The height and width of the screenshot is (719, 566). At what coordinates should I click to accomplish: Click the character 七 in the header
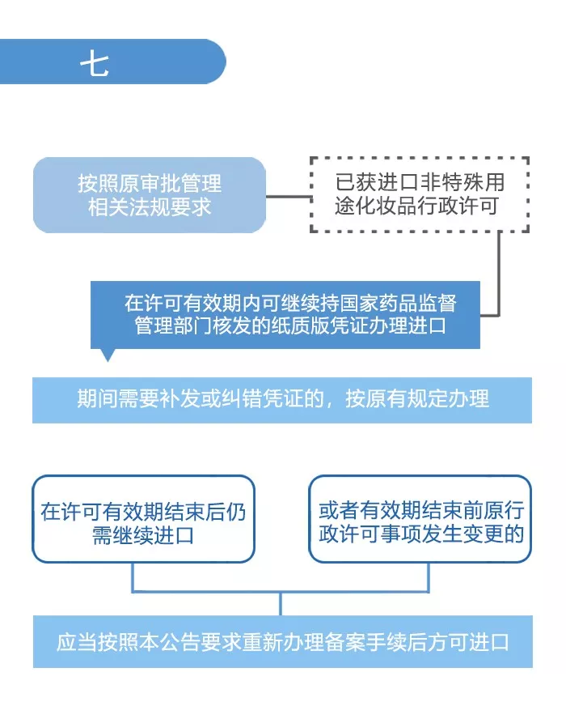click(95, 62)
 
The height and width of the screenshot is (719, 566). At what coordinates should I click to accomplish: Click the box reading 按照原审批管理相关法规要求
click(149, 195)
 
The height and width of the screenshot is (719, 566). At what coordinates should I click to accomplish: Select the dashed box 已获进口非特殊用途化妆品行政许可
click(419, 195)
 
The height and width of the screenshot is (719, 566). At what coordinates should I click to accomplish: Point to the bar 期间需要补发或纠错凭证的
click(282, 399)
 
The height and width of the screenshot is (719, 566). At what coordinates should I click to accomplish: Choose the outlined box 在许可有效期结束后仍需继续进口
click(143, 523)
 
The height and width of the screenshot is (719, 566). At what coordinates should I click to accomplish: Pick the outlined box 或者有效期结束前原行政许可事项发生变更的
click(420, 523)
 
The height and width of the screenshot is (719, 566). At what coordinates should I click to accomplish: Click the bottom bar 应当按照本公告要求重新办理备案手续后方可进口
click(282, 642)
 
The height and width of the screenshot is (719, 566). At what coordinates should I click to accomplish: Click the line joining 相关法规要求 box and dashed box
click(288, 195)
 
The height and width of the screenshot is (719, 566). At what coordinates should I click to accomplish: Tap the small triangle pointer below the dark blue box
click(108, 355)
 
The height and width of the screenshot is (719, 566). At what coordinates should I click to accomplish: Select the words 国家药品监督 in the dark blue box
click(401, 304)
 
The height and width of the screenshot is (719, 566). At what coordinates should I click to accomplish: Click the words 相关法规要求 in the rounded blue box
click(149, 206)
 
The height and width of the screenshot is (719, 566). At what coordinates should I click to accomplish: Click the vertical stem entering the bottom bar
click(281, 603)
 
